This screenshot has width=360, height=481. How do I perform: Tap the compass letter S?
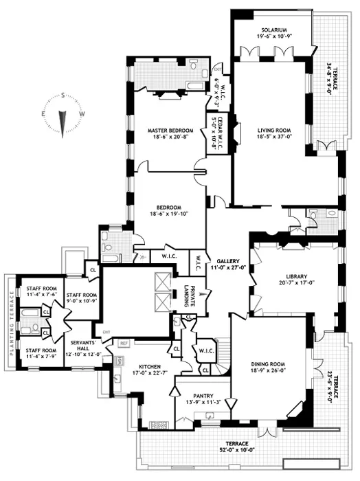click(x=63, y=96)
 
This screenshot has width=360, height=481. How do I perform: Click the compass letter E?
click(x=43, y=113)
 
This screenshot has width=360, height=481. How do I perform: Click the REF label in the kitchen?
click(x=124, y=342)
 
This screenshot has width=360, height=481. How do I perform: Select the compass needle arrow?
click(x=63, y=122)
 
